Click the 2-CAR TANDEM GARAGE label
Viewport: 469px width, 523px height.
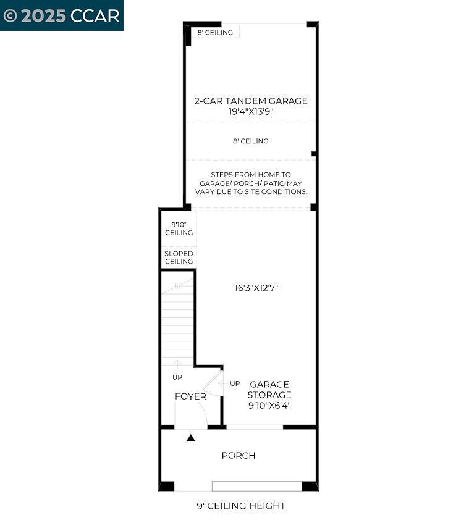click(x=250, y=101)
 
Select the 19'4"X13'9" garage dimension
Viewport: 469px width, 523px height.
click(x=250, y=112)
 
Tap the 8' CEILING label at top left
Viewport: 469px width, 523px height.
click(x=215, y=32)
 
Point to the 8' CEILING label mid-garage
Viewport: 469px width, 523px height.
click(x=250, y=141)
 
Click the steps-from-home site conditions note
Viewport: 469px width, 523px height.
click(x=250, y=183)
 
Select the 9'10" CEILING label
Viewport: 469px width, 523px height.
click(x=179, y=228)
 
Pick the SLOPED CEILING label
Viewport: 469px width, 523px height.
click(x=179, y=257)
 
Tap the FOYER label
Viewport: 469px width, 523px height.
click(x=190, y=396)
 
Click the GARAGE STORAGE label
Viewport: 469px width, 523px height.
click(x=269, y=390)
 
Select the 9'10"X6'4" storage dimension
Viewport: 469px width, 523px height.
click(x=269, y=406)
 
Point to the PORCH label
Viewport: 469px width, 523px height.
click(x=239, y=456)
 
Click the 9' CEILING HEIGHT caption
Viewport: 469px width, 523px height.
click(x=241, y=506)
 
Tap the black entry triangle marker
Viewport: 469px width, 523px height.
click(x=191, y=438)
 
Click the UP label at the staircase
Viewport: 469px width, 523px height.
click(x=177, y=377)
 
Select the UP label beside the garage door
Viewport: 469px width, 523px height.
click(x=235, y=383)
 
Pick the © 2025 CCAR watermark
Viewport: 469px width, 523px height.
click(x=61, y=15)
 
